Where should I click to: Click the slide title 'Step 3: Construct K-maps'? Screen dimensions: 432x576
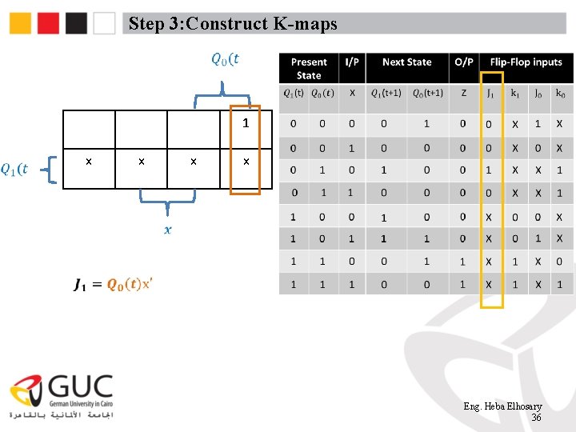tap(233, 24)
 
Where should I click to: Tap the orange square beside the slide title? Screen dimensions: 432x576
tap(21, 23)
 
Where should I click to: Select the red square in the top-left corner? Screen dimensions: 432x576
tap(49, 23)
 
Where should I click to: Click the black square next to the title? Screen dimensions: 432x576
tap(77, 23)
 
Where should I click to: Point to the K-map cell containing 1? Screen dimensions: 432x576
tap(246, 124)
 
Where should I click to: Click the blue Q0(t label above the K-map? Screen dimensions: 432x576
tap(225, 58)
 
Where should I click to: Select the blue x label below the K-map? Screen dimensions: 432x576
tap(167, 230)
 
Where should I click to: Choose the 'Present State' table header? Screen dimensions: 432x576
tap(309, 69)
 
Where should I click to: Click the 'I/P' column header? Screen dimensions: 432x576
tap(352, 62)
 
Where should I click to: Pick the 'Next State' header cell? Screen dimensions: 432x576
tap(406, 62)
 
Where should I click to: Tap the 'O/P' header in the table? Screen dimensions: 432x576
tap(464, 62)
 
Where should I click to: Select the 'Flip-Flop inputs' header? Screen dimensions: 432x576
tap(526, 62)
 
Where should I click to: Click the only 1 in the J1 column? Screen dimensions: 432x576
tap(489, 170)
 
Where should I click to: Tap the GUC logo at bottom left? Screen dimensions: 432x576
tap(62, 396)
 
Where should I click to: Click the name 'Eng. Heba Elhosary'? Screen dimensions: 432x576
tap(502, 407)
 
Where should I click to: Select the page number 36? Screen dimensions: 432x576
tap(536, 418)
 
